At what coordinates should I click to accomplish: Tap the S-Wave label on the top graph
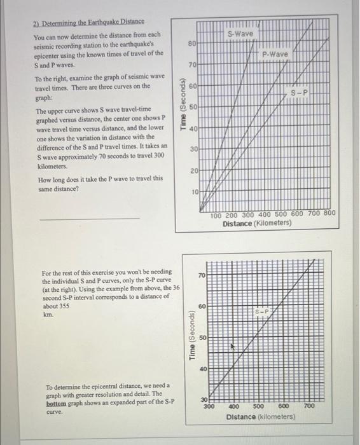240,33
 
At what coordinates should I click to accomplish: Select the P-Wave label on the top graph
275,55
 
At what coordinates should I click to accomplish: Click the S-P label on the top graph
300,92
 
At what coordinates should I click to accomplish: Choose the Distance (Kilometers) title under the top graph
256,223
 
